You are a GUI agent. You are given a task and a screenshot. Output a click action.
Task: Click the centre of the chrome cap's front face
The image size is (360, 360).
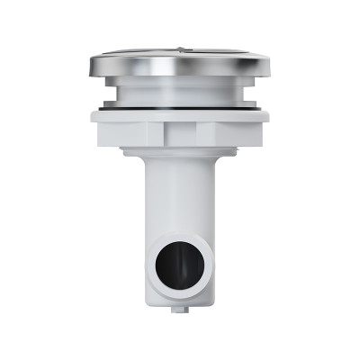[x=179, y=66]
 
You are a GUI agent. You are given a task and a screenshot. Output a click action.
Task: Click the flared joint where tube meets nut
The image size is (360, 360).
[x=179, y=153]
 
